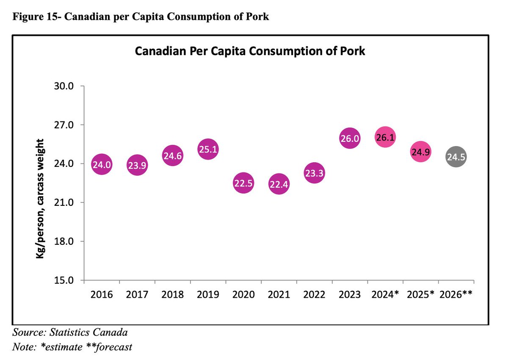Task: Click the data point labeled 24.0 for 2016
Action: pyautogui.click(x=102, y=165)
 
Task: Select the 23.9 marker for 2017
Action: pyautogui.click(x=137, y=166)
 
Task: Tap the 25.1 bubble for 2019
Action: pyautogui.click(x=208, y=150)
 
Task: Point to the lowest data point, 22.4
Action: pyautogui.click(x=279, y=185)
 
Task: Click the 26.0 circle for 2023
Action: pyautogui.click(x=350, y=138)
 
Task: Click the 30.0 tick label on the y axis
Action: pyautogui.click(x=65, y=86)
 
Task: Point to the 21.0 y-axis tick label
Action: pyautogui.click(x=65, y=203)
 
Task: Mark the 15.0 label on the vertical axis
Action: pyautogui.click(x=65, y=280)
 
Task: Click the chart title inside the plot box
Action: pyautogui.click(x=250, y=52)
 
